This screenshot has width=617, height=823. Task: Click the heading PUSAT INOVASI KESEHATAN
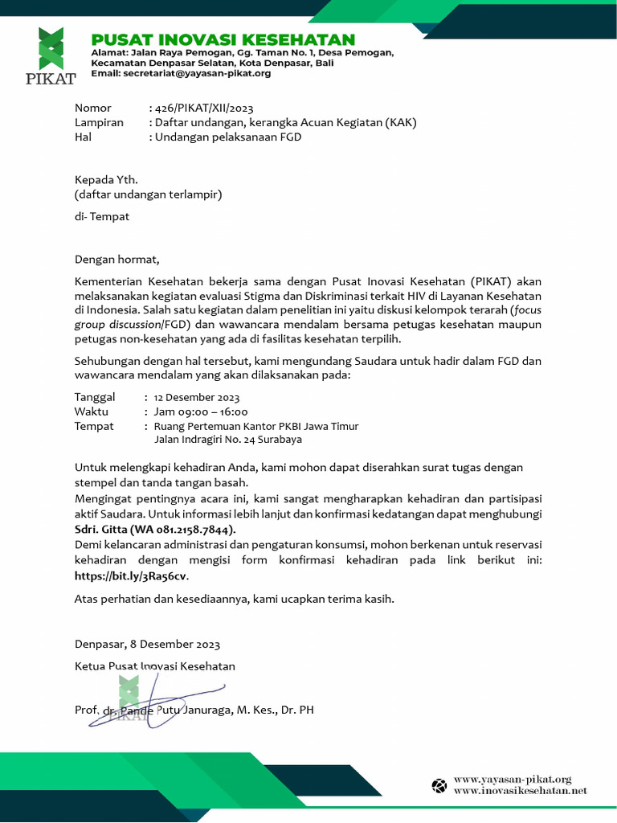tap(223, 40)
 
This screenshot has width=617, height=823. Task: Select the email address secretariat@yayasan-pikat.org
tap(197, 73)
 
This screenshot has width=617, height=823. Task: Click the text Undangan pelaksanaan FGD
tap(228, 137)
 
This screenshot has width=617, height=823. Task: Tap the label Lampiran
tap(99, 122)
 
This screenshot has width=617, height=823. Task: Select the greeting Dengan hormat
tap(117, 259)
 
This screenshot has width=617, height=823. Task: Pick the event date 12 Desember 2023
tap(197, 397)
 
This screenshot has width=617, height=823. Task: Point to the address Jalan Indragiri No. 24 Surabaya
tap(228, 440)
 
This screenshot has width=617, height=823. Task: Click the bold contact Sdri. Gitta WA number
tap(155, 530)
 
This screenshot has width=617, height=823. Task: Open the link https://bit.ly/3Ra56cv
tap(131, 575)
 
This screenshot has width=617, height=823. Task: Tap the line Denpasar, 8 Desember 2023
tap(147, 644)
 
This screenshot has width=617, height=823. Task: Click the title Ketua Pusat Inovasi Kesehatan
tap(154, 666)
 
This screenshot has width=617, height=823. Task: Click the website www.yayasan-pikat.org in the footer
tap(512, 779)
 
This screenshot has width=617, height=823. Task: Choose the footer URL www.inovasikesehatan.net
tap(520, 791)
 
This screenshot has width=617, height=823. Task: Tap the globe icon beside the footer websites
tap(439, 785)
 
